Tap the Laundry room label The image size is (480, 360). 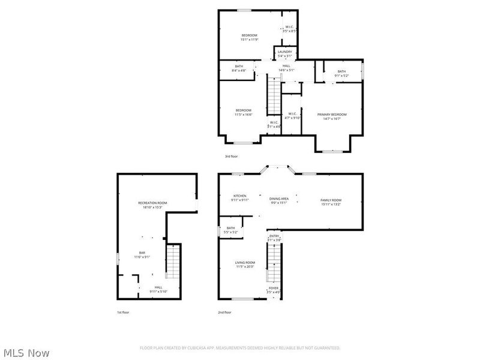tap(284, 52)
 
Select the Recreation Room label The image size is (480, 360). tap(152, 203)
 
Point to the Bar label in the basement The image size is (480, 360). tap(142, 253)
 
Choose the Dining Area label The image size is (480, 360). tap(279, 199)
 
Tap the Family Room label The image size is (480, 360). tap(331, 200)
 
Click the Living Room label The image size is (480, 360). tap(244, 262)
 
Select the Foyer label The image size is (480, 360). tap(274, 288)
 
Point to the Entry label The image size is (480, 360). tap(274, 236)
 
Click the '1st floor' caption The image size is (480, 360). tap(123, 313)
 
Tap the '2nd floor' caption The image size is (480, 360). tap(224, 313)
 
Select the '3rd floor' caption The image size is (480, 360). tap(232, 156)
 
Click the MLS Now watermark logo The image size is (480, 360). tap(26, 353)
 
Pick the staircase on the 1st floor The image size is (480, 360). tap(172, 262)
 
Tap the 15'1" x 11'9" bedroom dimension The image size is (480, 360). tap(250, 40)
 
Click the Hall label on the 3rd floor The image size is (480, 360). tap(286, 66)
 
